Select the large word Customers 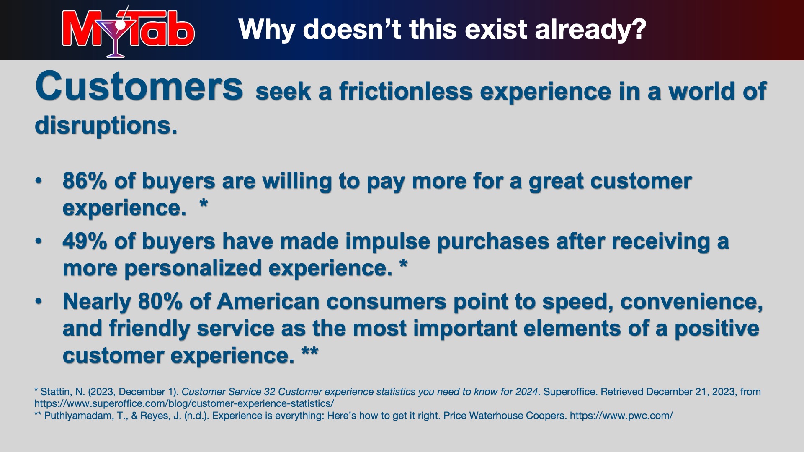pos(139,86)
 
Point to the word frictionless pos(406,91)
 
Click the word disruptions pos(106,125)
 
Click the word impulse pos(388,241)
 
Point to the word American pos(268,302)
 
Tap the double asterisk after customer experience pos(310,352)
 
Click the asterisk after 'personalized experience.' pos(403,264)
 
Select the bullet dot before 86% pos(39,181)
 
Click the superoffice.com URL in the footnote pos(184,404)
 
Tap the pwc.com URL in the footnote pos(621,416)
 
